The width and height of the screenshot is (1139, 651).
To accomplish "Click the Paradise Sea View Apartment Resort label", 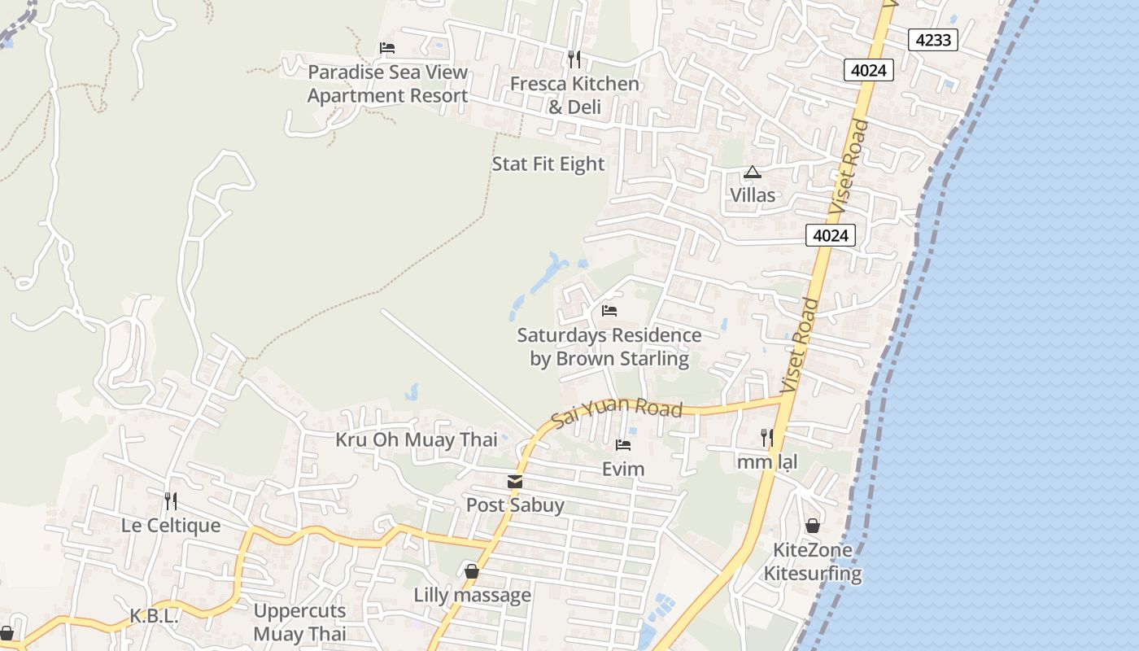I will point(387,84).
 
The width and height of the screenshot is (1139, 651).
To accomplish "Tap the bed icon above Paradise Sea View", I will point(387,48).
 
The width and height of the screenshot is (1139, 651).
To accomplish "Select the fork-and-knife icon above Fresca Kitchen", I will point(574,59).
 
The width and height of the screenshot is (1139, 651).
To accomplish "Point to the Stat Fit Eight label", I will point(548,164).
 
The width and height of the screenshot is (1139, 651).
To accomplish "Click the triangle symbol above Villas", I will point(752,173).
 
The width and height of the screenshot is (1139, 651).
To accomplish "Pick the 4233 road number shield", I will point(932,39).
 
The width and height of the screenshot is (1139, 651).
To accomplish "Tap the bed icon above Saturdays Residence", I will point(609,311).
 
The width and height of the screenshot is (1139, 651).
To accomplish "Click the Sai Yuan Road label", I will point(617,411).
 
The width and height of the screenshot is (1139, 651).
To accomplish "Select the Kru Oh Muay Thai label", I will point(417,440).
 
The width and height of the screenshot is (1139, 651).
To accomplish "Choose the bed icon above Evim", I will point(623,445).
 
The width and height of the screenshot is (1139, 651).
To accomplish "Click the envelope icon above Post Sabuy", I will point(515,483).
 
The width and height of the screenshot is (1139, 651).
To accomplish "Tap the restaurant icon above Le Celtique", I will point(171,500).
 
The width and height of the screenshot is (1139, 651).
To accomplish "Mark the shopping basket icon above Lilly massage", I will point(472,571).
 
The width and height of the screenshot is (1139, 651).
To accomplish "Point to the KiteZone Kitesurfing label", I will point(812,561).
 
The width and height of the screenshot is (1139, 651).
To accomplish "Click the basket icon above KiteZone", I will point(812,526).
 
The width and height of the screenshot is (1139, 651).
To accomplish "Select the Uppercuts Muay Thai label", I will point(299,623).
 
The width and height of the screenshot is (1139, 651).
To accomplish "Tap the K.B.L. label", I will point(154,616).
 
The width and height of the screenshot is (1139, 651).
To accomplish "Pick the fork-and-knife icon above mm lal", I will point(766,438).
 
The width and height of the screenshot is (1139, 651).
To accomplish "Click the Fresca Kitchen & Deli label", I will point(574,95).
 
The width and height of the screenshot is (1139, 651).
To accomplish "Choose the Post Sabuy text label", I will point(515,505).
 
